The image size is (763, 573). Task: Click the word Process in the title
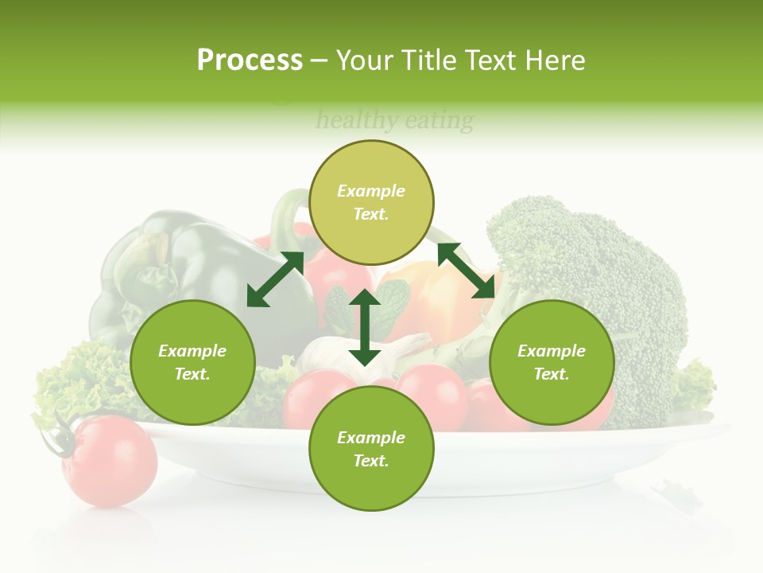coord(250,60)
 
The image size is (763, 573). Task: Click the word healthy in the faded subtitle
coord(357,121)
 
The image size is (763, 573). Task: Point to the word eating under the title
coord(439,121)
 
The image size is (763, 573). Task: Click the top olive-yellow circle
coord(371,202)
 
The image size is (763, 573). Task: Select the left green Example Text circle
coord(192,362)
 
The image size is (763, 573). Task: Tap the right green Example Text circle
coord(552,362)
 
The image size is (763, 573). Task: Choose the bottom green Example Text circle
coord(371,449)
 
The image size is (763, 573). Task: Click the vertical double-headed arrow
coord(365,327)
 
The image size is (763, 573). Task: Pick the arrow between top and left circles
coord(275,279)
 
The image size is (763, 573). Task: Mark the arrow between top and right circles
coord(466,271)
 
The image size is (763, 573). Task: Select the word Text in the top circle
coord(371,214)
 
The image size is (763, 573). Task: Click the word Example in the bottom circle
coord(371,438)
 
